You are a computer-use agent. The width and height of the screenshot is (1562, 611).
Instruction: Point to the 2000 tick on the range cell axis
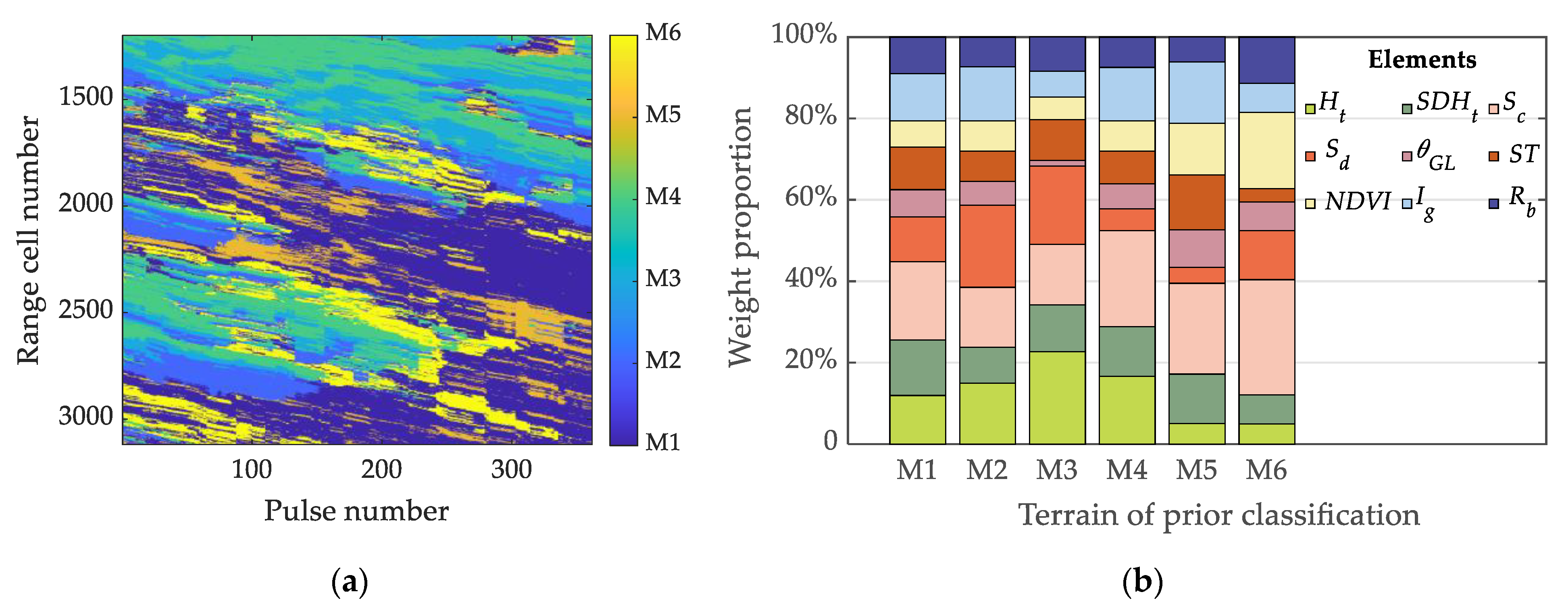pos(85,203)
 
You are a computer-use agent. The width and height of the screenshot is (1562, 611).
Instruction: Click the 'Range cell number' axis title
pos(29,240)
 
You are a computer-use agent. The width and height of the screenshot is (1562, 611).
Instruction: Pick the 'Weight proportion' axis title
pos(740,236)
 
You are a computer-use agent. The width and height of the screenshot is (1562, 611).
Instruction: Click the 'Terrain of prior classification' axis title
pos(1219,515)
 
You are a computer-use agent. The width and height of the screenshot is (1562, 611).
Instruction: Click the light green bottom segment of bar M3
pos(1057,398)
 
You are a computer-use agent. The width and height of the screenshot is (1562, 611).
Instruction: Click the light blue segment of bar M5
pos(1196,93)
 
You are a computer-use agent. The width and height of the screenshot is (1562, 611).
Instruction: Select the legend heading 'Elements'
pos(1422,59)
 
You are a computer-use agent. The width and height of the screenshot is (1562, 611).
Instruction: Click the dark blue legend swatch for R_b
pos(1494,203)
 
